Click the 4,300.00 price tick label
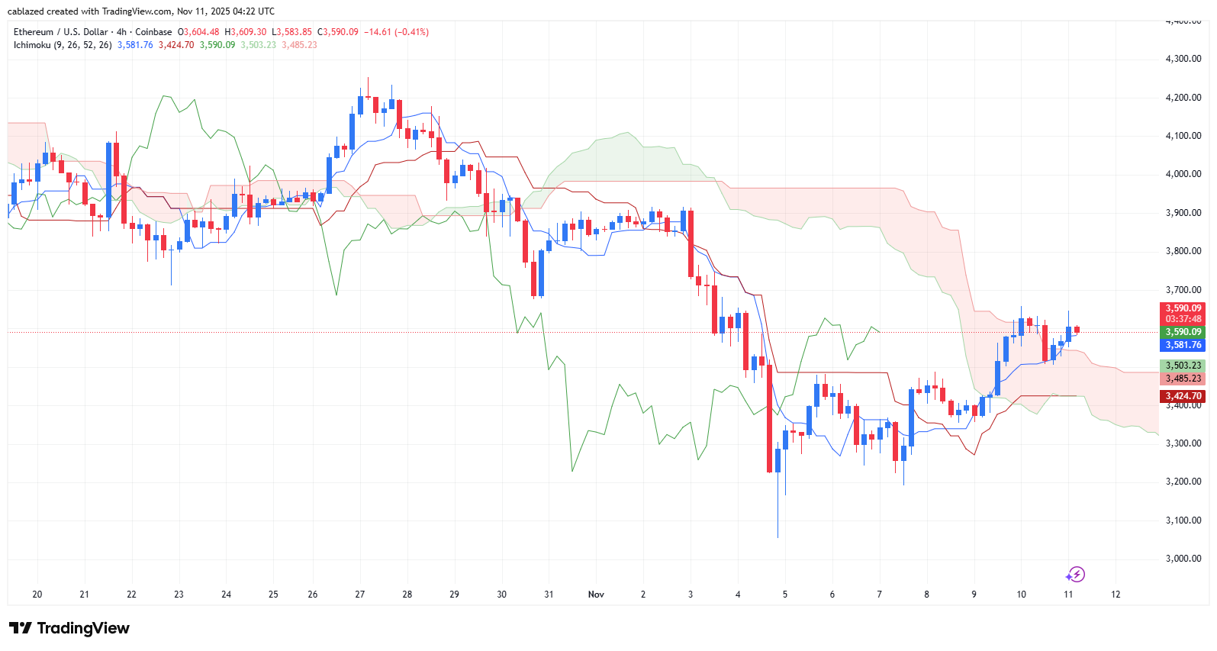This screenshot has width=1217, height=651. [x=1183, y=59]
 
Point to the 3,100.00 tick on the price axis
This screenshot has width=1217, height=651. [x=1183, y=520]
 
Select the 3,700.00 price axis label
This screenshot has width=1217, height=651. [x=1183, y=290]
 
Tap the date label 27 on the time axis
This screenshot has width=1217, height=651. [x=360, y=595]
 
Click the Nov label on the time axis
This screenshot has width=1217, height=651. [x=596, y=595]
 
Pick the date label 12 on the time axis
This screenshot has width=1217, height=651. [x=1116, y=595]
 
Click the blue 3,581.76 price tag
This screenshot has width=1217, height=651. [x=1183, y=345]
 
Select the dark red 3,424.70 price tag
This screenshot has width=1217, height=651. [x=1183, y=396]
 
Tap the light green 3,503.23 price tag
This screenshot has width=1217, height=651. [x=1183, y=366]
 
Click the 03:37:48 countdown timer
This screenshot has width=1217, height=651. [x=1183, y=319]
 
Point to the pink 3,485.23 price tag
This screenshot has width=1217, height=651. [x=1183, y=379]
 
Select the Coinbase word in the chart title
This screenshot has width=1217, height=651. [x=153, y=32]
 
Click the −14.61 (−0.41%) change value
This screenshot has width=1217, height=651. [x=396, y=32]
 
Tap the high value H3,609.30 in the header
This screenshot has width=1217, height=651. [x=246, y=32]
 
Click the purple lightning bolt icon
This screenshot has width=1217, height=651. [x=1075, y=575]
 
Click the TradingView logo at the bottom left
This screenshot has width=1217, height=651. [x=69, y=628]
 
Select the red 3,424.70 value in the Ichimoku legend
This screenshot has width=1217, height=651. [x=176, y=45]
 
